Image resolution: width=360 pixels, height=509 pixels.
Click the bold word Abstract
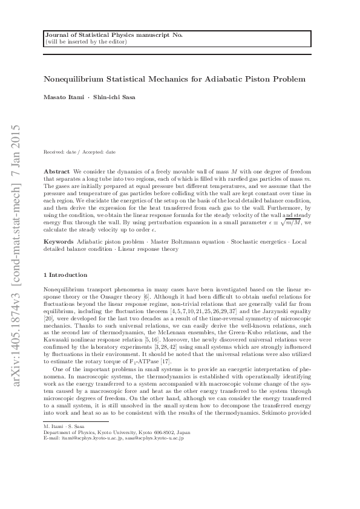click(57, 172)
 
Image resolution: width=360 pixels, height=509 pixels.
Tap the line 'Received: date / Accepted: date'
click(80, 152)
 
